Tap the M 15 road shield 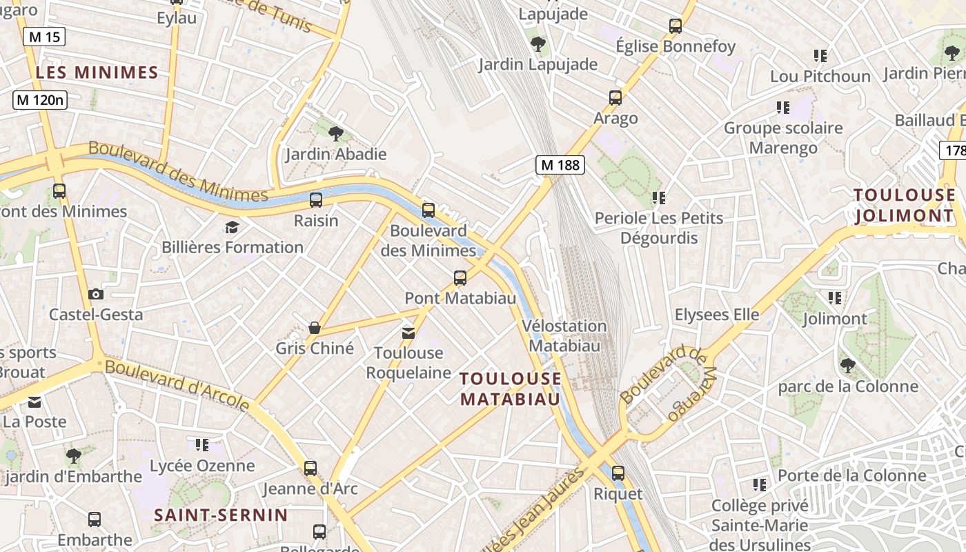pyautogui.click(x=44, y=37)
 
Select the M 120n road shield pyautogui.click(x=40, y=100)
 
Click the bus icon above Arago pyautogui.click(x=615, y=98)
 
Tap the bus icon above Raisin pyautogui.click(x=316, y=200)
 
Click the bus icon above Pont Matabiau pyautogui.click(x=460, y=278)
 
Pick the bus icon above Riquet pyautogui.click(x=618, y=473)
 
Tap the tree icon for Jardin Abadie pyautogui.click(x=336, y=133)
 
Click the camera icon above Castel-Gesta pyautogui.click(x=96, y=295)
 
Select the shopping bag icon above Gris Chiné pyautogui.click(x=315, y=328)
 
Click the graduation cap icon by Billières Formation pyautogui.click(x=232, y=227)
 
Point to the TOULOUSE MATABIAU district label pyautogui.click(x=511, y=388)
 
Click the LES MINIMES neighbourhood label pyautogui.click(x=97, y=72)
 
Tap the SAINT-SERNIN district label pyautogui.click(x=221, y=515)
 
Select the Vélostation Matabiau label pyautogui.click(x=564, y=335)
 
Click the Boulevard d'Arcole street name pyautogui.click(x=177, y=384)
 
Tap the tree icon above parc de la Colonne pyautogui.click(x=847, y=366)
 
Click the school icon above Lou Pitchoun pyautogui.click(x=820, y=56)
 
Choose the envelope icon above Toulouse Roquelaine pyautogui.click(x=408, y=333)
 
